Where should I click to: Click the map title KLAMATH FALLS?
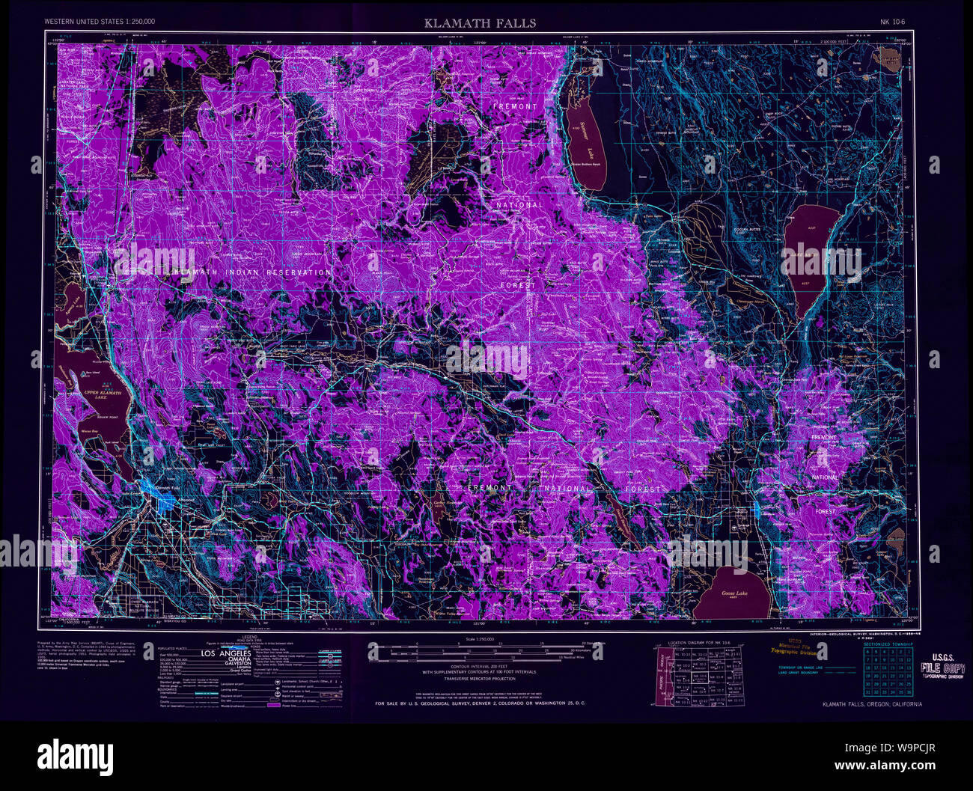[x=480, y=23]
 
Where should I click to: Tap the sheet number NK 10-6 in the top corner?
[x=893, y=22]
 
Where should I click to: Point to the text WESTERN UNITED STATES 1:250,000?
[x=100, y=22]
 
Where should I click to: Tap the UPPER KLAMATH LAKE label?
[x=102, y=394]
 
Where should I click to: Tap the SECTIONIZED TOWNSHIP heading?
[x=888, y=644]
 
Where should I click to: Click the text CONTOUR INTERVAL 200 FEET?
[x=480, y=666]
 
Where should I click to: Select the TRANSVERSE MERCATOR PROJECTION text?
[x=480, y=679]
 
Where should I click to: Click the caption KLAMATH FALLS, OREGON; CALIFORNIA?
[x=872, y=704]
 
